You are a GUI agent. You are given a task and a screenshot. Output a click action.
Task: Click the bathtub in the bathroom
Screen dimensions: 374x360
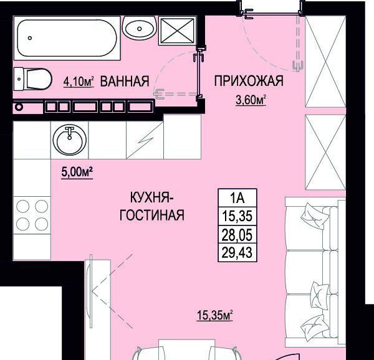tap(67, 38)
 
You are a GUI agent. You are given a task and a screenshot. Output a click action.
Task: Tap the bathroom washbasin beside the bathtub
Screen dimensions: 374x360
tap(140, 28)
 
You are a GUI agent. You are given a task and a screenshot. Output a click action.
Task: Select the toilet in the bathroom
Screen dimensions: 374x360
tap(32, 79)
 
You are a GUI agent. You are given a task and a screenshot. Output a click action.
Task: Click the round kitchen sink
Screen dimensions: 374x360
tap(69, 140)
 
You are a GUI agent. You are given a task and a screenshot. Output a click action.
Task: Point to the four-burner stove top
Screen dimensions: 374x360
tap(32, 215)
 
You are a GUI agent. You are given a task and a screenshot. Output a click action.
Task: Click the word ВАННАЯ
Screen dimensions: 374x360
tap(125, 81)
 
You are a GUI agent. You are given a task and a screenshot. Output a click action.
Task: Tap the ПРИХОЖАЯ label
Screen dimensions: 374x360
tap(249, 81)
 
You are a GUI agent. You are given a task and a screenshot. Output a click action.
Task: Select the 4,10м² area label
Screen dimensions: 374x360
tap(79, 82)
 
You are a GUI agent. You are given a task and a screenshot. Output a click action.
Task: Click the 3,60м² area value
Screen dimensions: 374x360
tap(251, 100)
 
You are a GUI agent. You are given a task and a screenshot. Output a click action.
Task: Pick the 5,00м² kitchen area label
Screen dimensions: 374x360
tap(77, 172)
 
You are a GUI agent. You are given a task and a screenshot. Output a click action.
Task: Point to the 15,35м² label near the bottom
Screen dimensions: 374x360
tap(214, 315)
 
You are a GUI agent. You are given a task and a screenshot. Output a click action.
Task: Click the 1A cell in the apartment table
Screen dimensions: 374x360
tap(237, 198)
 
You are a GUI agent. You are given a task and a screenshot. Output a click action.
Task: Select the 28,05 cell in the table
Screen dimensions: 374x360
tap(237, 234)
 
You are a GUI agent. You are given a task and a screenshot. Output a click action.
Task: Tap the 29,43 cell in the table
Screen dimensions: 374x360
tap(237, 252)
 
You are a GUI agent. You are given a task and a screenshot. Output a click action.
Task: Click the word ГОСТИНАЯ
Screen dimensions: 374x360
tap(152, 215)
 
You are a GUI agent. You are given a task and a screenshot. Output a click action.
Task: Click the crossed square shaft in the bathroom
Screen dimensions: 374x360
tap(177, 31)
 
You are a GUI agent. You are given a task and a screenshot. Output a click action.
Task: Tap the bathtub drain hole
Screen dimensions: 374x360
tap(30, 38)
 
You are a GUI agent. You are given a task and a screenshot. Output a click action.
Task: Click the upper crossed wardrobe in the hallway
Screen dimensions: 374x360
tap(325, 62)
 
